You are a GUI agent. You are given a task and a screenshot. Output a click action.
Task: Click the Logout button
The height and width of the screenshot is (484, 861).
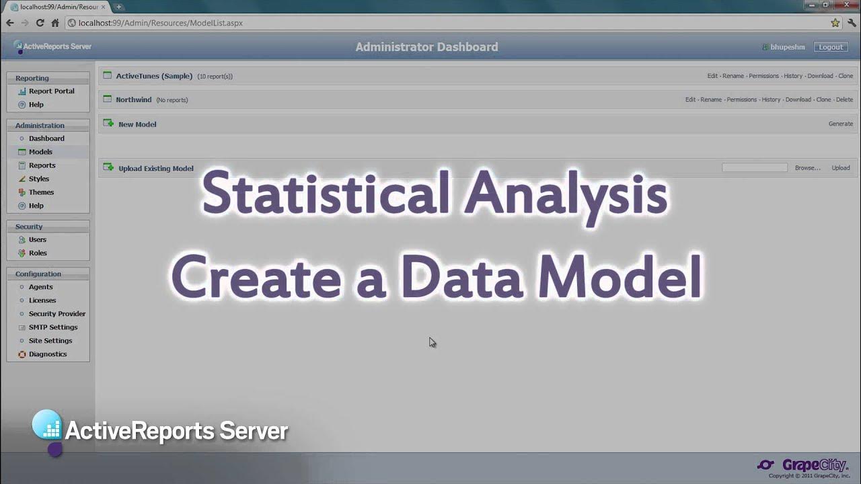tap(831, 47)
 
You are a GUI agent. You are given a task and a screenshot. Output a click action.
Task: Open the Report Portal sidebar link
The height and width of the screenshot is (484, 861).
tap(51, 91)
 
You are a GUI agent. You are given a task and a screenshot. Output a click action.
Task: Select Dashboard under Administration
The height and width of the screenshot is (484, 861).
tap(46, 138)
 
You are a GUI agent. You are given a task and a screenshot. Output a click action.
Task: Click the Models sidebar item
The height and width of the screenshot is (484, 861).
tap(40, 152)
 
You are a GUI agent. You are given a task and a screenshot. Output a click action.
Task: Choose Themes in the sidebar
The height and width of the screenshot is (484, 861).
tap(41, 192)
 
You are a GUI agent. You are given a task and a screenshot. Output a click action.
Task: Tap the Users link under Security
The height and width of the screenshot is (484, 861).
tap(38, 240)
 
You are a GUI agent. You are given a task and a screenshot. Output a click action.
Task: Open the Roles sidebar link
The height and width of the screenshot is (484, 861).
tap(38, 253)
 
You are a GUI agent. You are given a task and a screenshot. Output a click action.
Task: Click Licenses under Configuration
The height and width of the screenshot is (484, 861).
tap(42, 300)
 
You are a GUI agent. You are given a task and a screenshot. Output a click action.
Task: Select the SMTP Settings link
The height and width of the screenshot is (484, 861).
tap(53, 327)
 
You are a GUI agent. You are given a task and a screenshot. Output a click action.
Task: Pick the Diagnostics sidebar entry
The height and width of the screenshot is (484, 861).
tap(48, 354)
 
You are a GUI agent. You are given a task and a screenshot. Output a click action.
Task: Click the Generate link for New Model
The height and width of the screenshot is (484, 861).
tap(840, 124)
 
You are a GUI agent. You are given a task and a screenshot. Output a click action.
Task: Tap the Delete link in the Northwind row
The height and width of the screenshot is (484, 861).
tap(844, 99)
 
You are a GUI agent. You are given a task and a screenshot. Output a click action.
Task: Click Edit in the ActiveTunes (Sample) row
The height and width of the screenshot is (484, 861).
tap(712, 76)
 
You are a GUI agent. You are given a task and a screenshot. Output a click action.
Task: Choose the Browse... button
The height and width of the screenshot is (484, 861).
tap(807, 168)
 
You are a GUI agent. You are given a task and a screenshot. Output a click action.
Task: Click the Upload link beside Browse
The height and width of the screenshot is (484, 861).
tap(840, 168)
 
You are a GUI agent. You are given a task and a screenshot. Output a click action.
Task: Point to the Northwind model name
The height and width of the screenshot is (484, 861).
tap(134, 99)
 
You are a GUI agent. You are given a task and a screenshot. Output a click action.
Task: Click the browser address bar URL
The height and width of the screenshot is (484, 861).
tap(161, 23)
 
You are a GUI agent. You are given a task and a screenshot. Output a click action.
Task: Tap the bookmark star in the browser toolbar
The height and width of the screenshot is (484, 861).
tap(835, 23)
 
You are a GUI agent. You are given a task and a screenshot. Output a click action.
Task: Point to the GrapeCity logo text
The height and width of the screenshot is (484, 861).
tap(815, 465)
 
